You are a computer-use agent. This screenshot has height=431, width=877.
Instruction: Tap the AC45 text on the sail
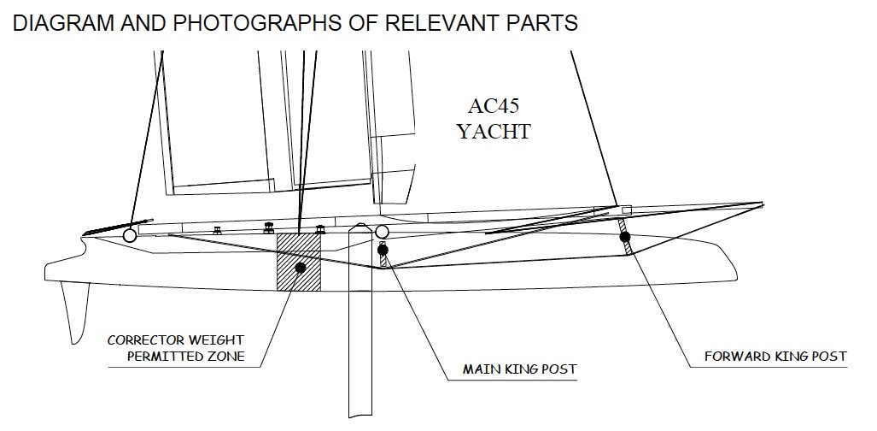click(494, 106)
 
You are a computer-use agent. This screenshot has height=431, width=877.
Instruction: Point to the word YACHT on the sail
click(494, 131)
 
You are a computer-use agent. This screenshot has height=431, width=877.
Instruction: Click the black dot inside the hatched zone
click(301, 268)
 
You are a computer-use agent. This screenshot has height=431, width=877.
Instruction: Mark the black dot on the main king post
click(383, 251)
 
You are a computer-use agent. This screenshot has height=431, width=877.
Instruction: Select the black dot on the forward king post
click(625, 236)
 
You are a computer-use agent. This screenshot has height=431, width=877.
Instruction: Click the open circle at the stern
click(130, 234)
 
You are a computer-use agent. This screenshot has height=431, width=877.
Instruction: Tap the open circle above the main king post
click(382, 232)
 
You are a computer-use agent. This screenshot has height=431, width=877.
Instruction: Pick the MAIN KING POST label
click(519, 370)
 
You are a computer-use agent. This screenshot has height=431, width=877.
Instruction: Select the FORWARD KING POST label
click(775, 356)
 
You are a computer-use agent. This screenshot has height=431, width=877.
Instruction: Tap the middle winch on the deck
click(268, 227)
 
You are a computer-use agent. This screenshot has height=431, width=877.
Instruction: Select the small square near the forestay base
click(626, 210)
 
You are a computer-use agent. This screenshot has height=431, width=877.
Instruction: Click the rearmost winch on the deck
click(217, 229)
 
